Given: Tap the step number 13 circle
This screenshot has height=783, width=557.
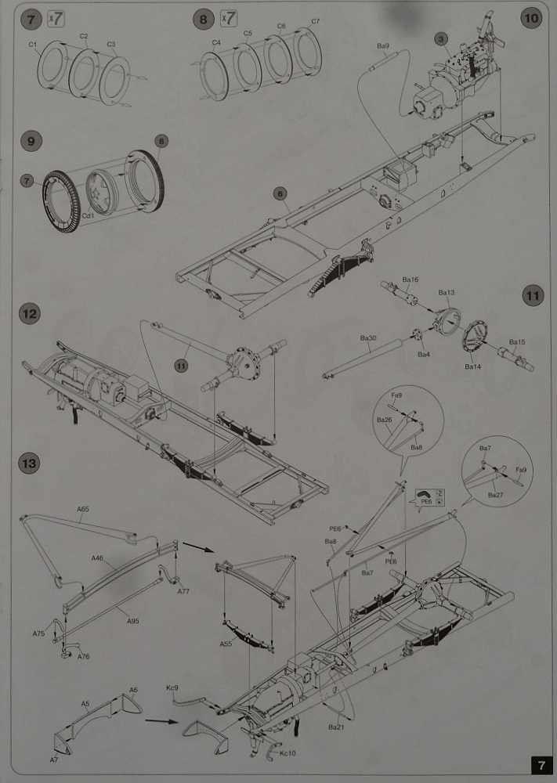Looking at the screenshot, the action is (29, 464).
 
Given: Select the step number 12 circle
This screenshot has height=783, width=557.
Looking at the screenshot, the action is (29, 314).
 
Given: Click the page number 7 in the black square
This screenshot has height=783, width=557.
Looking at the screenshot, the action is (540, 764).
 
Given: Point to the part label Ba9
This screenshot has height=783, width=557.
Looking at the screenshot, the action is (383, 46).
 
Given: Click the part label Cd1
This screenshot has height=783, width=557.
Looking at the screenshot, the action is (89, 215).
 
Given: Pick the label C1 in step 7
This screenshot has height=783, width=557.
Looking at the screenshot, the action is (34, 45).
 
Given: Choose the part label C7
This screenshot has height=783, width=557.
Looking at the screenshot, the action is (316, 20).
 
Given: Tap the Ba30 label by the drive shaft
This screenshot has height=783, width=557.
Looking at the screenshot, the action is (368, 338).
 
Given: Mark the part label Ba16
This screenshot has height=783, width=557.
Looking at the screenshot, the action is (411, 280).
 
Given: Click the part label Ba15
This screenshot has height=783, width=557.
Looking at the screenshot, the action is (517, 342).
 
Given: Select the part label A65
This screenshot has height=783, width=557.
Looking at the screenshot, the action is (84, 510).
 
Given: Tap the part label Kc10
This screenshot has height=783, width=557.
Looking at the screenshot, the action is (288, 753).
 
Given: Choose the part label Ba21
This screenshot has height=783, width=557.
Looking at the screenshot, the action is (336, 727).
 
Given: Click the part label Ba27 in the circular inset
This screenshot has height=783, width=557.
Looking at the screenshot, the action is (495, 495).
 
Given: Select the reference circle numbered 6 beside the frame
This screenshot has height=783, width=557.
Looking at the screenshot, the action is (278, 193).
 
